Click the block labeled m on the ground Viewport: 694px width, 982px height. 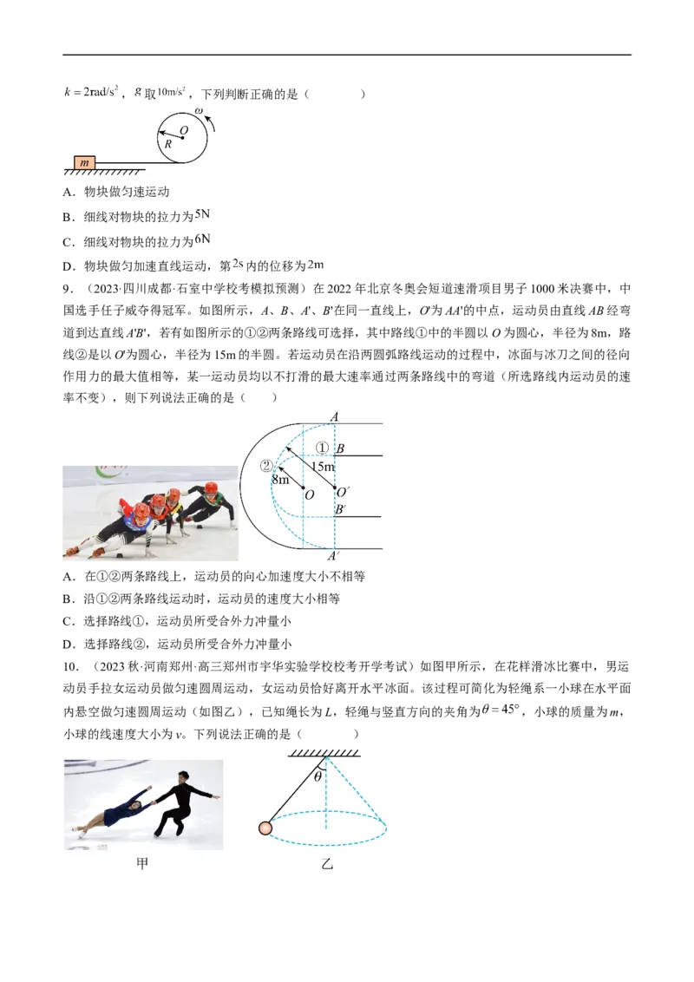84,163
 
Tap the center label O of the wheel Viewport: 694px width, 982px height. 184,130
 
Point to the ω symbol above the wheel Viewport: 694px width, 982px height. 199,112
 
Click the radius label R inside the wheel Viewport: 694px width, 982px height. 168,144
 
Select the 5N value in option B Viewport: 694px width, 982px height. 202,215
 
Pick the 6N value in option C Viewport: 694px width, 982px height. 202,239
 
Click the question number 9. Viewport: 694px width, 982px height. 69,290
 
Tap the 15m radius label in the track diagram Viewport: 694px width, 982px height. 324,466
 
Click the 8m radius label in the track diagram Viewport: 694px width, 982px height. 280,480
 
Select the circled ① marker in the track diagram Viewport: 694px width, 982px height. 322,448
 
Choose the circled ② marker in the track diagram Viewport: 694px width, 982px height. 267,465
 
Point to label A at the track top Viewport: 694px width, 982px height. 335,416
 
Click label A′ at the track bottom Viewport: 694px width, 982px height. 334,556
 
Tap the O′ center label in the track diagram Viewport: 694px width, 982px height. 343,492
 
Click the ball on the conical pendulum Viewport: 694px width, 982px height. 265,828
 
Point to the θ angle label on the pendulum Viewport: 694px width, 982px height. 318,776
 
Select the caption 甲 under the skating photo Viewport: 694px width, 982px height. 142,864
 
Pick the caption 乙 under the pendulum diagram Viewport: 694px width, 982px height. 327,864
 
